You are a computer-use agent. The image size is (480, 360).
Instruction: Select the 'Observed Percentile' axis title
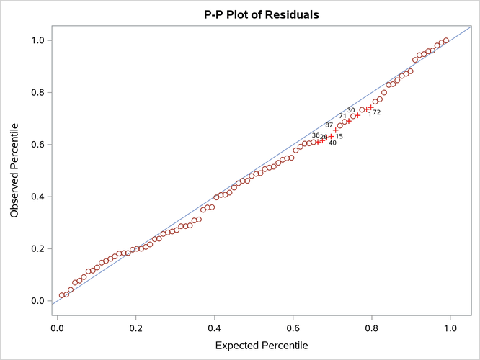click(14, 170)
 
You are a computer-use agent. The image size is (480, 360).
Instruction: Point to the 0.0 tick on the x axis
click(58, 328)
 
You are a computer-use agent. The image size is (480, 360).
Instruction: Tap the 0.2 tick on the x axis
click(136, 328)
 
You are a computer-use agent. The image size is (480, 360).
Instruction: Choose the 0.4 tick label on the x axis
click(215, 328)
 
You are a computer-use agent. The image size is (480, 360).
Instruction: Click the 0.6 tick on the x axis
click(293, 328)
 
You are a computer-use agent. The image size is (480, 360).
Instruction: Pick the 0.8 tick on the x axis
click(372, 328)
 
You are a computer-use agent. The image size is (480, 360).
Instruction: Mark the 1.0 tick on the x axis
click(450, 328)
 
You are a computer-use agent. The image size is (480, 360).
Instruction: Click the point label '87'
click(329, 125)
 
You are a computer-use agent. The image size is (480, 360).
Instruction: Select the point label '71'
click(342, 116)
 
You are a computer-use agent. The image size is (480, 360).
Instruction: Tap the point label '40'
click(332, 143)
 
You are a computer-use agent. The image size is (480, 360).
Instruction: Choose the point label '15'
click(339, 136)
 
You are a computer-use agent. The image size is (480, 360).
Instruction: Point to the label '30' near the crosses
click(351, 110)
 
